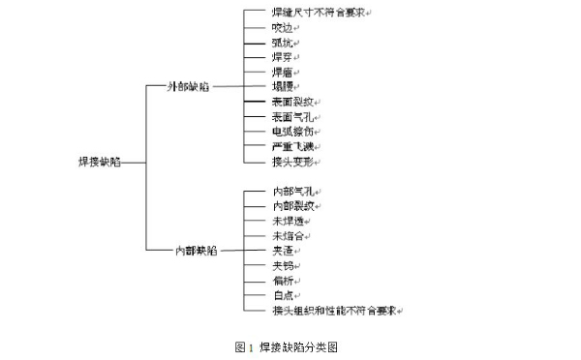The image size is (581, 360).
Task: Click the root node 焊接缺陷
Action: coord(99,163)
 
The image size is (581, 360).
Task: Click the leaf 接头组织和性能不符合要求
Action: coord(334,310)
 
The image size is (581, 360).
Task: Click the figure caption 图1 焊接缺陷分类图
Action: coord(290,345)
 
